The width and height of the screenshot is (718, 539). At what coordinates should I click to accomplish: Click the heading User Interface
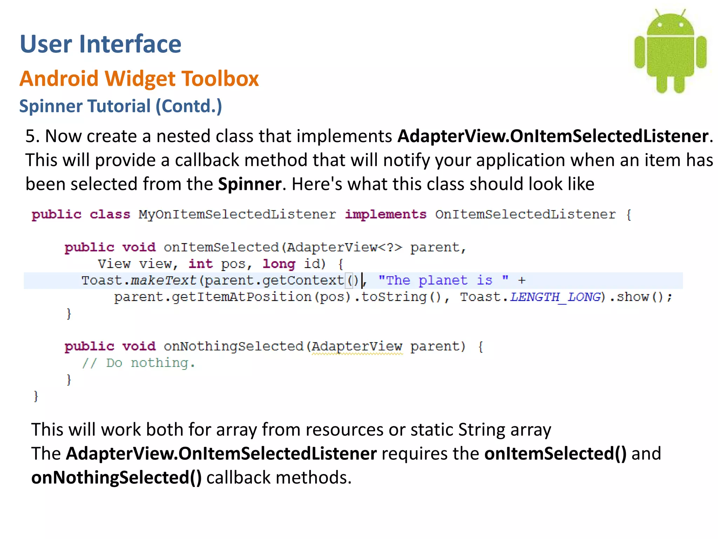point(101,44)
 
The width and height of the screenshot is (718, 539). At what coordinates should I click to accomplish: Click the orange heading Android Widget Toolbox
point(139,78)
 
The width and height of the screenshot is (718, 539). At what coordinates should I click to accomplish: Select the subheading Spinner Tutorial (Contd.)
point(121,106)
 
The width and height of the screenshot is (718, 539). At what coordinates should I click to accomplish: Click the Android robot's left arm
point(639,52)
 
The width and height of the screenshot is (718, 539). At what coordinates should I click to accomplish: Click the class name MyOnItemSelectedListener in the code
point(237,214)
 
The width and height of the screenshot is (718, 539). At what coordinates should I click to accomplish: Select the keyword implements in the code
point(385,214)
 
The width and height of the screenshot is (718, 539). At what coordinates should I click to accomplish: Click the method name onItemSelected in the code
point(221,247)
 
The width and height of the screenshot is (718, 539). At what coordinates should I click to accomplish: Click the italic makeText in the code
point(163,280)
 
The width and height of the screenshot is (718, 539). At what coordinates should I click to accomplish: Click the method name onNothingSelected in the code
point(233,347)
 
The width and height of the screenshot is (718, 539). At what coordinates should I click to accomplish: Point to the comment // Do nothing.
point(138,363)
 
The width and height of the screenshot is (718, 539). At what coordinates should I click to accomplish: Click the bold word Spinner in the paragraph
point(250,184)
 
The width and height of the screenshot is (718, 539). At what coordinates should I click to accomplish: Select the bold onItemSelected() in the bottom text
point(555,453)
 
